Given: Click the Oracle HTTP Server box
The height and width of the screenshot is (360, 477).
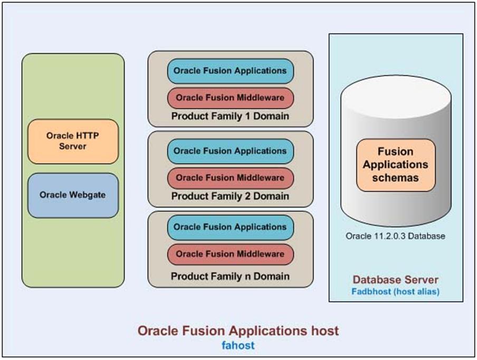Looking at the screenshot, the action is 73,141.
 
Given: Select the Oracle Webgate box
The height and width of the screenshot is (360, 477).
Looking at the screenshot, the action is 73,195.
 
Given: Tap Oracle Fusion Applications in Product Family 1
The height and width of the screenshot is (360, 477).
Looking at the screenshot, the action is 230,71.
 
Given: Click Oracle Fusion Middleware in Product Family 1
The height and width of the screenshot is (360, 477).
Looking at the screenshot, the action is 230,98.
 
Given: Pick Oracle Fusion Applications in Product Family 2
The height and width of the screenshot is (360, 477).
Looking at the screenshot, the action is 230,151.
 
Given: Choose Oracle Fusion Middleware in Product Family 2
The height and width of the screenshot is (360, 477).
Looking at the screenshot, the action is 230,178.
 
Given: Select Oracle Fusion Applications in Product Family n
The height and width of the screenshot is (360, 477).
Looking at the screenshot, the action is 230,228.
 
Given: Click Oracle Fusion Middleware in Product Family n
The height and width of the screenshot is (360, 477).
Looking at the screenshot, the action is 230,254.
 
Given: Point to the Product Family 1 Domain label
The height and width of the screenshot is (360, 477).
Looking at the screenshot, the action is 230,116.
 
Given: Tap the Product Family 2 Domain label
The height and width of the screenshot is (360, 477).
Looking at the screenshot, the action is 230,196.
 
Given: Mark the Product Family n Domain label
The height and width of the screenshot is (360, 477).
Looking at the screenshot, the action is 230,276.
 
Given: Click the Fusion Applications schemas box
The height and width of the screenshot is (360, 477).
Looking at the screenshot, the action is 396,165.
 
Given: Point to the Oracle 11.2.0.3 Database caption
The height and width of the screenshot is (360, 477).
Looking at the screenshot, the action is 395,236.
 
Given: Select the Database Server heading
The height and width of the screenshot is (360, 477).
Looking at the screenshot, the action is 395,280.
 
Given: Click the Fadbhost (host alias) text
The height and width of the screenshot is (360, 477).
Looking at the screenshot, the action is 395,291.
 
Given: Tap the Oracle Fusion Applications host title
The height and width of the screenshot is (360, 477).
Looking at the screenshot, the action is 238,331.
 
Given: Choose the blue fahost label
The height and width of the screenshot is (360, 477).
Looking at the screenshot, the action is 238,345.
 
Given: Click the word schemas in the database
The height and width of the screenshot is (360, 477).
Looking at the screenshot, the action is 395,178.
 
